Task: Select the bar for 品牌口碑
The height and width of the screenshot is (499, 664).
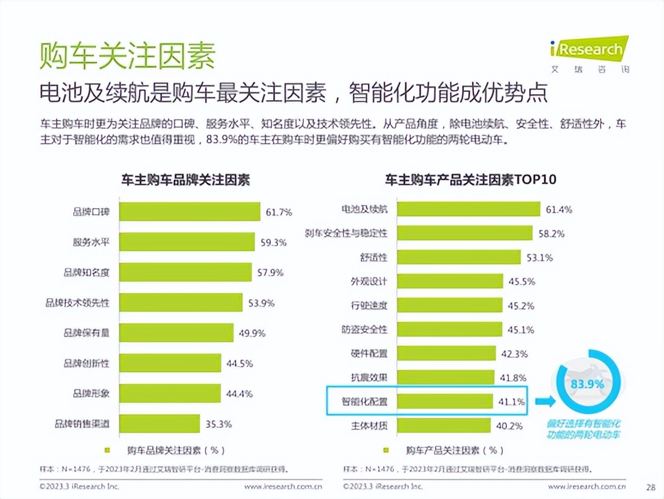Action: click(x=189, y=212)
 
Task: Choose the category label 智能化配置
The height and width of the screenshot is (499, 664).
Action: click(x=364, y=401)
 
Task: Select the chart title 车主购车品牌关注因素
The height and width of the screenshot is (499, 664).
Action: click(x=186, y=179)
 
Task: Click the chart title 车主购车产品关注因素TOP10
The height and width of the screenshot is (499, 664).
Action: click(x=471, y=179)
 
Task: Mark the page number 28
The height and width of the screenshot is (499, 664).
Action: click(x=650, y=486)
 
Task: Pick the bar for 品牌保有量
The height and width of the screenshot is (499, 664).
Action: click(x=176, y=333)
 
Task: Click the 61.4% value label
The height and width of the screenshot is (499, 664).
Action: click(x=559, y=209)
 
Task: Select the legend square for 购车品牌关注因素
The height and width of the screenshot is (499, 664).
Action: click(x=108, y=450)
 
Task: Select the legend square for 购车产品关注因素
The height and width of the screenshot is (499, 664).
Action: click(x=387, y=450)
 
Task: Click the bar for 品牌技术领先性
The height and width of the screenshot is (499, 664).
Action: click(x=180, y=303)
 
